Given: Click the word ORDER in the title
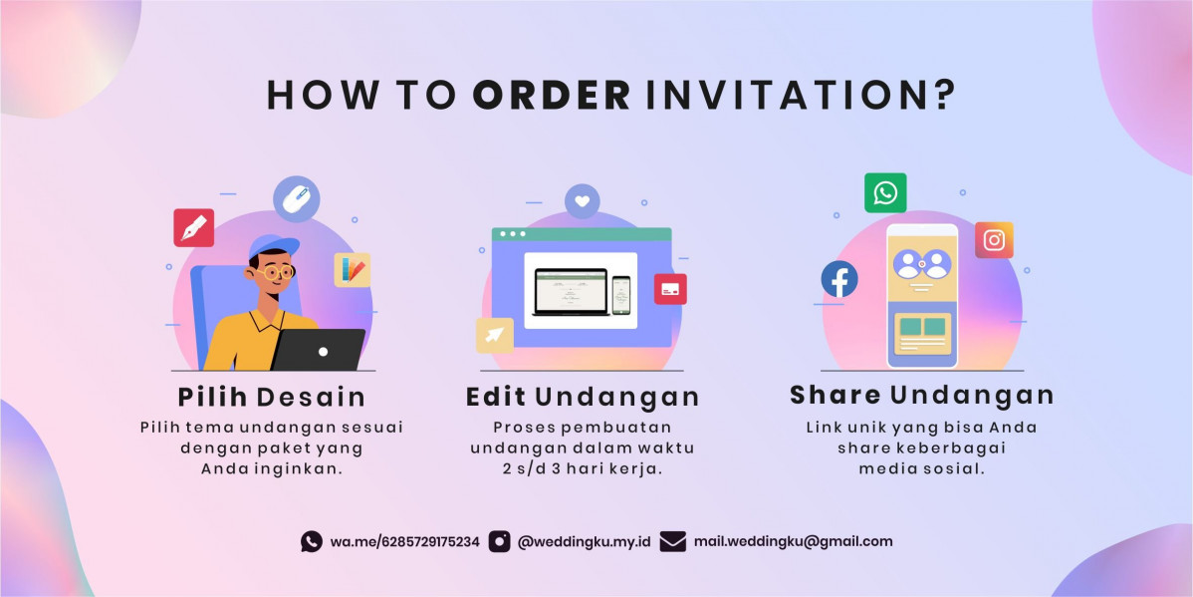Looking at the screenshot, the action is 552,96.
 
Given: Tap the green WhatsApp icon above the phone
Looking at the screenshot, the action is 885,192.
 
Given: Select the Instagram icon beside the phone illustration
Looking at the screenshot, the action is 994,240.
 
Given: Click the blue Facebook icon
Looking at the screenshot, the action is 839,279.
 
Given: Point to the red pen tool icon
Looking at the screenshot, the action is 193,227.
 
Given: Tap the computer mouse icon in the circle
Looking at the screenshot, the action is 296,199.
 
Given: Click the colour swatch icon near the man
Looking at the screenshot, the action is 353,269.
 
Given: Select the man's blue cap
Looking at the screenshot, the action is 273,246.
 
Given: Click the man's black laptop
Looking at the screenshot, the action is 319,350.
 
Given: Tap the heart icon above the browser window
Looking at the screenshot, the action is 582,201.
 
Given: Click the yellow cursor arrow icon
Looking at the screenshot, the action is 495,335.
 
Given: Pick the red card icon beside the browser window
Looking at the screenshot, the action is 670,289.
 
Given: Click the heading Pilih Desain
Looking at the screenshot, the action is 272,397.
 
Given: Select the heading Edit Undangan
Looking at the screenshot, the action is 582,397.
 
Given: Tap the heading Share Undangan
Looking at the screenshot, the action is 922,395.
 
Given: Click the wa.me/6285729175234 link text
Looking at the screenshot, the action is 404,542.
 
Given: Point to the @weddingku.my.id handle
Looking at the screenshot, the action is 584,542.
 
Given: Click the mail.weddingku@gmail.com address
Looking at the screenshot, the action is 793,541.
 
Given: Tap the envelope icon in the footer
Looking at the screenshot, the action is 672,541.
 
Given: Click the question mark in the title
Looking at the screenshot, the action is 943,96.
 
